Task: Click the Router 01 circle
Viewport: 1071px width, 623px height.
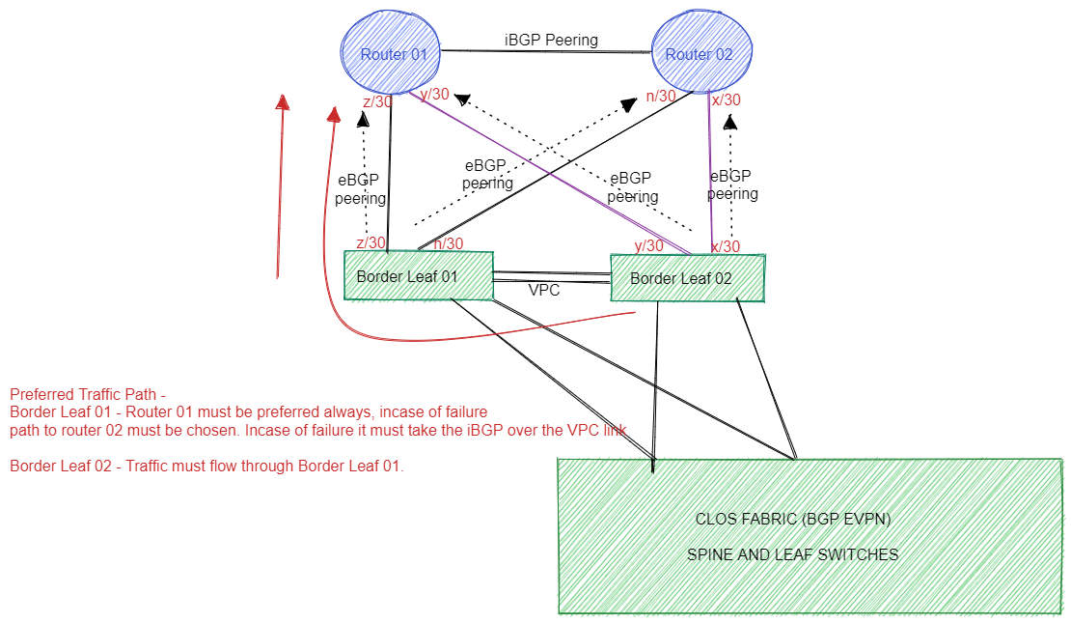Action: click(392, 54)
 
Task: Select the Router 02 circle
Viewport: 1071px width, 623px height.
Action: click(700, 54)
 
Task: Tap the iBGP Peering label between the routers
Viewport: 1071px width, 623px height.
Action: click(551, 40)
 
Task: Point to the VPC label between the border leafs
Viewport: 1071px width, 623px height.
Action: click(544, 290)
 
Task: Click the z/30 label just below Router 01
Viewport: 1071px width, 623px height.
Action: click(377, 102)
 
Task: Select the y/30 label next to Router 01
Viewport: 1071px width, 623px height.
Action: click(434, 94)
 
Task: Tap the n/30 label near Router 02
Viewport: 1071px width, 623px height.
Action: click(661, 97)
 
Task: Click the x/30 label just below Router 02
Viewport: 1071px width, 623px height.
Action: click(726, 99)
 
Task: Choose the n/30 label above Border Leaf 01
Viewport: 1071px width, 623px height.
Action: click(448, 243)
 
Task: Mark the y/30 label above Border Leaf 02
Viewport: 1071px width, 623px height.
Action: click(648, 245)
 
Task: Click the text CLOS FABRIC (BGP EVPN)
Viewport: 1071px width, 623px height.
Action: click(792, 519)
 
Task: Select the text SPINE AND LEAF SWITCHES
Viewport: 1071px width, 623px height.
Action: click(792, 554)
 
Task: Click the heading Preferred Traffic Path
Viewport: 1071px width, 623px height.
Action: click(88, 394)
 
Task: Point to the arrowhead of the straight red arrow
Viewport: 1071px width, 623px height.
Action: click(282, 102)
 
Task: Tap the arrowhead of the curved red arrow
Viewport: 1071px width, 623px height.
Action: click(335, 114)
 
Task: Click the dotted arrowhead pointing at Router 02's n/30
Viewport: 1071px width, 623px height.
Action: click(629, 103)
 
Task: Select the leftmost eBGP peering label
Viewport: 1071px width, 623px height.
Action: click(361, 189)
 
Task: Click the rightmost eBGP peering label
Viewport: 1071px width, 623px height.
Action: click(732, 185)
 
